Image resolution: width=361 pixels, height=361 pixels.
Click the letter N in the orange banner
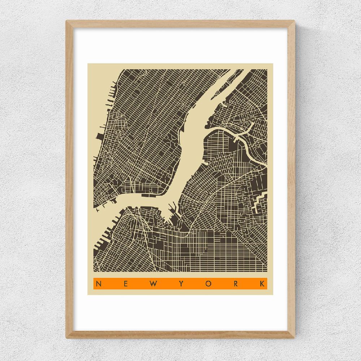click(x=98, y=284)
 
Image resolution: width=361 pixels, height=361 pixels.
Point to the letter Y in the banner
click(x=181, y=284)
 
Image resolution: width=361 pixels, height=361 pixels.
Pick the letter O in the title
click(x=208, y=284)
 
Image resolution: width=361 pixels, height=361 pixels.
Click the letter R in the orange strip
click(x=235, y=284)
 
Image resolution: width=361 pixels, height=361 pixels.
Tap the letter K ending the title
click(x=262, y=284)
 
